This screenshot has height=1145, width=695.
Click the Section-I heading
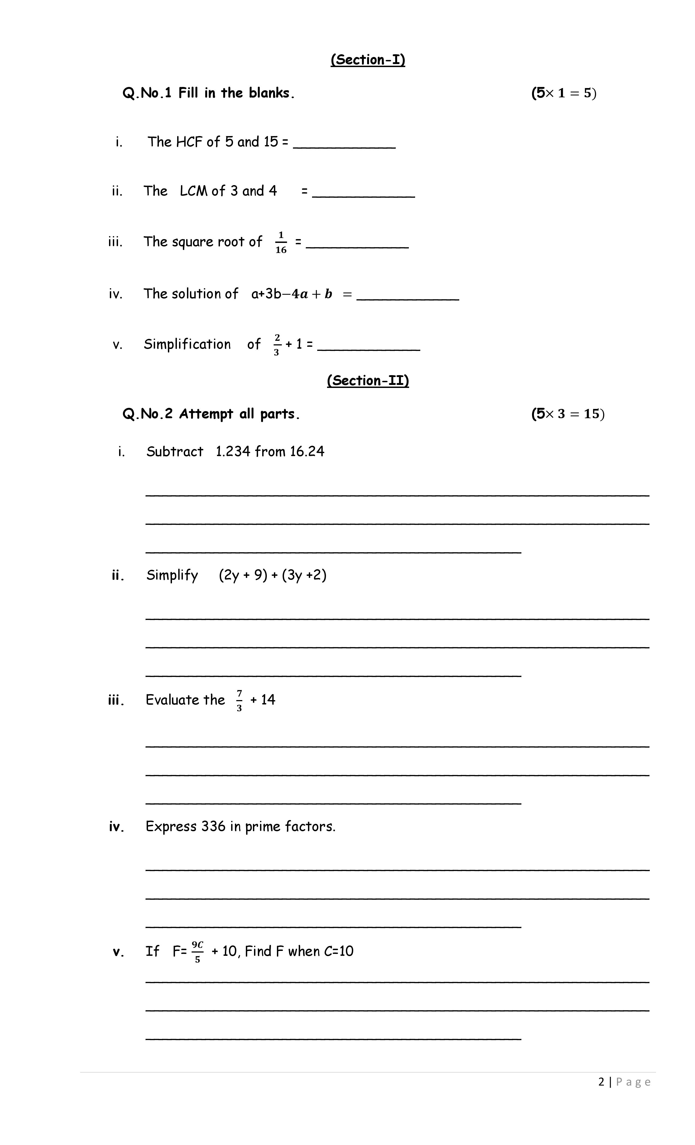point(367,59)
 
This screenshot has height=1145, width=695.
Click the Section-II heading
point(367,381)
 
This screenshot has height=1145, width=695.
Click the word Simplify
point(172,575)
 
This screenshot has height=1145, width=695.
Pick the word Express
point(171,826)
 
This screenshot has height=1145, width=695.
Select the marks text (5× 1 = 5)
point(564,93)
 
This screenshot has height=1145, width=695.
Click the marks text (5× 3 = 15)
point(568,414)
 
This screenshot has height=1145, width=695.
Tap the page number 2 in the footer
point(601,1082)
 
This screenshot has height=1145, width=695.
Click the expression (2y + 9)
point(243,575)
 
